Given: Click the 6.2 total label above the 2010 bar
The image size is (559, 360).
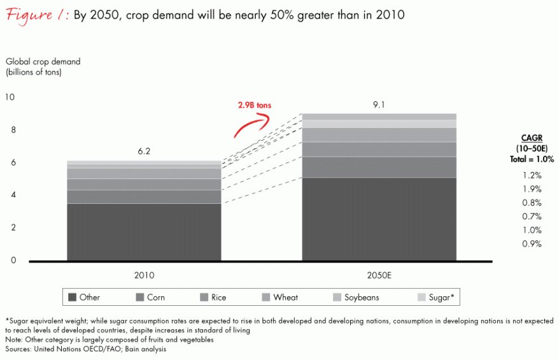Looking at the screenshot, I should click(144, 152).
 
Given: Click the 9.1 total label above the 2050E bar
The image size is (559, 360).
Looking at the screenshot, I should click(379, 104).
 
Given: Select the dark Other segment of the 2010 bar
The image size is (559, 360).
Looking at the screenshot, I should click(144, 232).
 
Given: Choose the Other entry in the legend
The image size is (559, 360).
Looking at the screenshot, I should click(84, 297).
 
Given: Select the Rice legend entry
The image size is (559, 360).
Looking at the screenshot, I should click(213, 297).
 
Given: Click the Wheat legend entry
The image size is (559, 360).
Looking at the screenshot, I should click(279, 297).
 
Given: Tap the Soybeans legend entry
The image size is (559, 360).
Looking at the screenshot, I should click(355, 297).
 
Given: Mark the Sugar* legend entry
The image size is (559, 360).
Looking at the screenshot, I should click(433, 297).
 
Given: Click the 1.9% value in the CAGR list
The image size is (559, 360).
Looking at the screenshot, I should click(532, 189).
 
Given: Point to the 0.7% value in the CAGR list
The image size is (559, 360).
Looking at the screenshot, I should click(532, 216).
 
